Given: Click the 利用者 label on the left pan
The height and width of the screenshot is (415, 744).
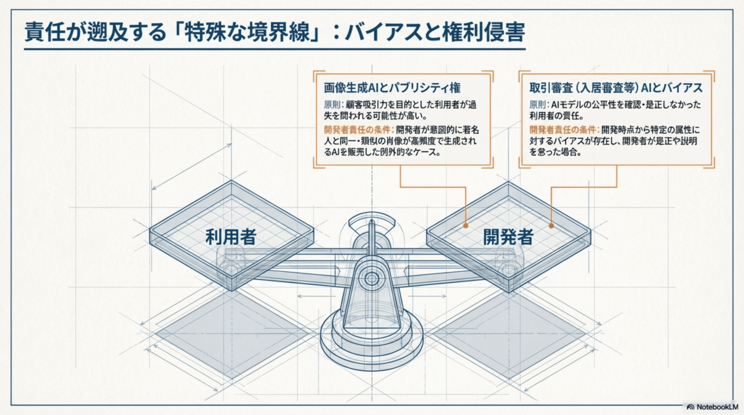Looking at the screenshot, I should [x=231, y=237].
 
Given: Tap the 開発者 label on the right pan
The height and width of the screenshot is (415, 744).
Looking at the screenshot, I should [x=509, y=237].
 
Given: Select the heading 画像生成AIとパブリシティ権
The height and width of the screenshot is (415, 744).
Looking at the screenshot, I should [x=392, y=88].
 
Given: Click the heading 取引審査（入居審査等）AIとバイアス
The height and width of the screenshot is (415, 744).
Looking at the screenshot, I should [x=616, y=88].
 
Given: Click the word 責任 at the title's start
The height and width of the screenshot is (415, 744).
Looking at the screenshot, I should [x=41, y=32].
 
